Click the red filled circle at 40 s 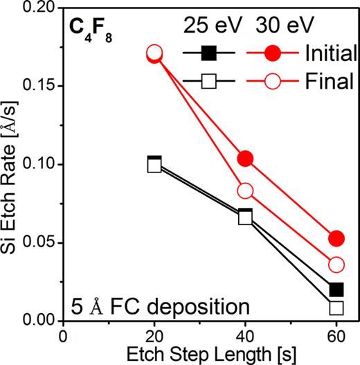(245, 159)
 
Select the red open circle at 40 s (245, 190)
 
